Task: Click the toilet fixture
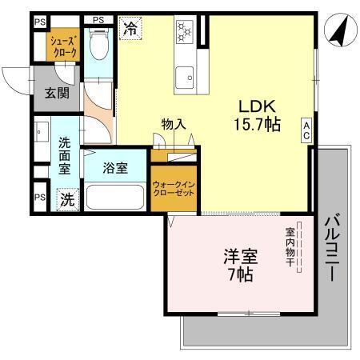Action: point(99,46)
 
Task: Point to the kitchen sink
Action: point(188,77)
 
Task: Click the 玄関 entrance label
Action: point(56,94)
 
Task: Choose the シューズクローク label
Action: point(64,46)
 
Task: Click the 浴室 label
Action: point(116,168)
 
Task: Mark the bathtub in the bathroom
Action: point(115,198)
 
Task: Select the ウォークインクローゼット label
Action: point(172,189)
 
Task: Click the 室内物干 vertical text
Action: point(290,248)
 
